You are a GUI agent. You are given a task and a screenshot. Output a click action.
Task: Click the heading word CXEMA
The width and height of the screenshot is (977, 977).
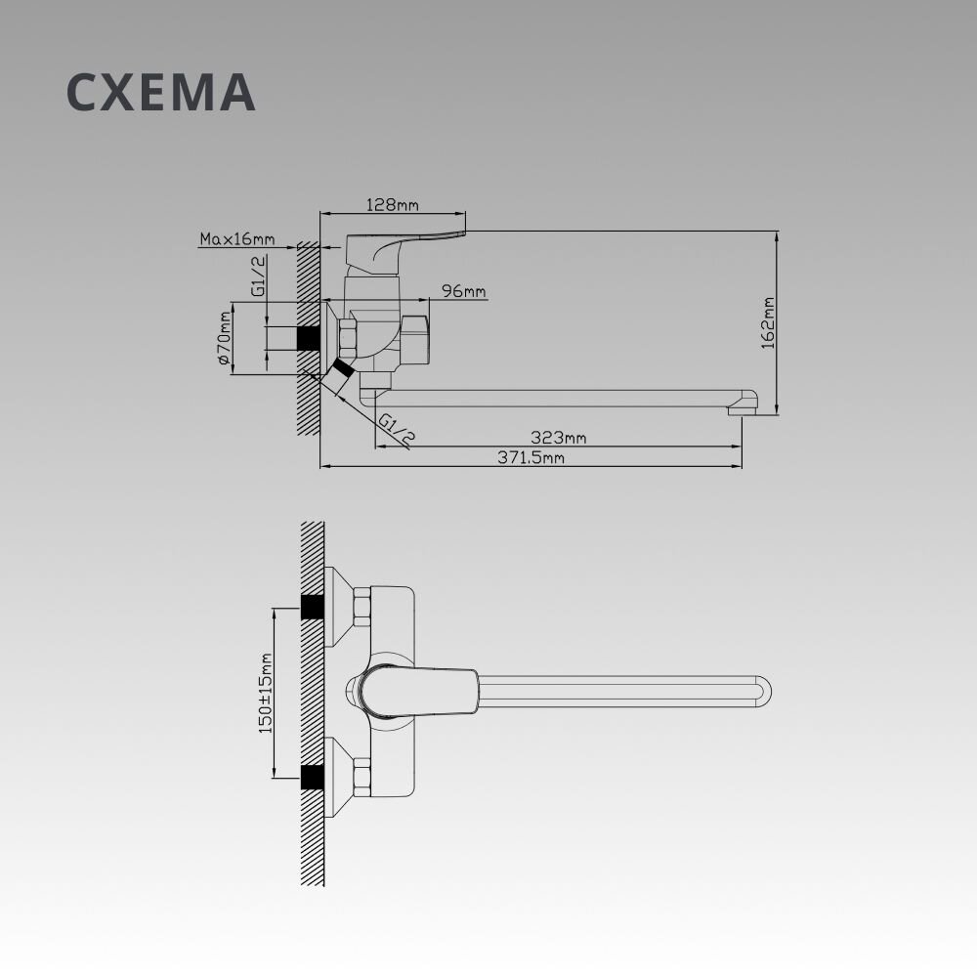161,92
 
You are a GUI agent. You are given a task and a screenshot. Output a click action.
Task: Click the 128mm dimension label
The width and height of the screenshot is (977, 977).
392,204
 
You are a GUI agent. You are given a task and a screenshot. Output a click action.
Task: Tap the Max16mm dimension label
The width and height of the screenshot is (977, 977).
236,238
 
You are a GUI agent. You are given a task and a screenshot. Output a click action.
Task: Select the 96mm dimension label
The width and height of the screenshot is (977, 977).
463,291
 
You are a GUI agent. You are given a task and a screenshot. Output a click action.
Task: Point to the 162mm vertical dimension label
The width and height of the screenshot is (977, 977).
768,322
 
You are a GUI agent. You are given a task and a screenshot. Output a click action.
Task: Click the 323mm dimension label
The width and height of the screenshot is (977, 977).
558,438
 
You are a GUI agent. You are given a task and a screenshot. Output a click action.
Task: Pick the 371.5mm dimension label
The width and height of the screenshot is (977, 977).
531,457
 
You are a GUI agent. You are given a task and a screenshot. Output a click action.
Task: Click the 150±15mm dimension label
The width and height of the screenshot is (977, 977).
266,694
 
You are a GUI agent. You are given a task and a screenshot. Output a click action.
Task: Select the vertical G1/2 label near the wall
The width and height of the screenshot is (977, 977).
259,276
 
